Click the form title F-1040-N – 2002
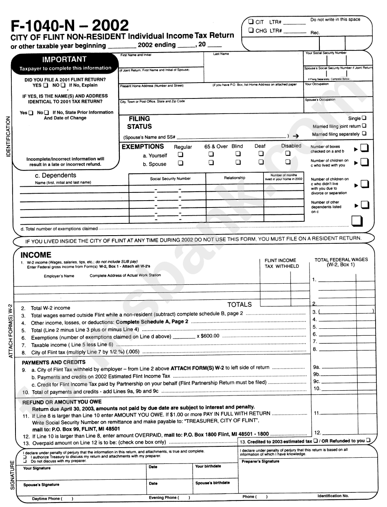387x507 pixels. click(69, 25)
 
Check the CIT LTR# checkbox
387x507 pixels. click(251, 22)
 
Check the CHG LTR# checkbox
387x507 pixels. click(251, 30)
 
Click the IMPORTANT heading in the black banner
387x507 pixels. click(65, 59)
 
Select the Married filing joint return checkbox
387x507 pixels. click(364, 126)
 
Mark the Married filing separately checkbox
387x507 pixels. click(364, 133)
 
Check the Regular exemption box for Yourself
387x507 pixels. click(180, 155)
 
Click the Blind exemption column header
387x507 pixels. click(237, 146)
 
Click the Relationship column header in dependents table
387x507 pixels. click(235, 178)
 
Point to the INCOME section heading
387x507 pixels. click(36, 255)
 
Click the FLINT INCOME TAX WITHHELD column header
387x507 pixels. click(281, 263)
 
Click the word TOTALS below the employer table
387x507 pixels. click(240, 304)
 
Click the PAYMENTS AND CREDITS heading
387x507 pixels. click(53, 362)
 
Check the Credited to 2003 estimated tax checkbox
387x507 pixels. click(315, 441)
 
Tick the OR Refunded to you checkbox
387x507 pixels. click(368, 441)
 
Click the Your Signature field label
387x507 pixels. click(37, 468)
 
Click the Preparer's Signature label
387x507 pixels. click(260, 461)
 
